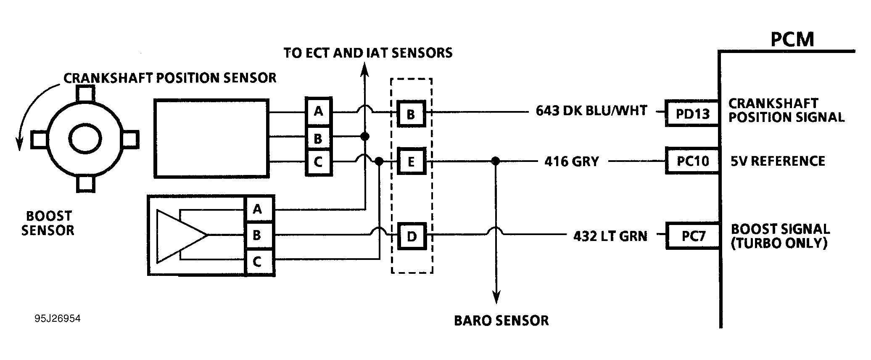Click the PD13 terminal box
pos(692,113)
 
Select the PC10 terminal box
pos(692,161)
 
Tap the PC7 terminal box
pos(693,236)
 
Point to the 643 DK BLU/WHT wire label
pos(591,111)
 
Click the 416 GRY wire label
pos(571,161)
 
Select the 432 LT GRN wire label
pos(610,236)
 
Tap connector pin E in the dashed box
pos(411,161)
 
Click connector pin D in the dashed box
pos(412,236)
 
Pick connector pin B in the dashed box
pos(411,114)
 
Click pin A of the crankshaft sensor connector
pos(318,111)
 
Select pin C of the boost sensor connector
pos(258,262)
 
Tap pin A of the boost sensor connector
pos(258,209)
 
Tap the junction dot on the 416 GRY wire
pos(496,161)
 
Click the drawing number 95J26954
pos(58,319)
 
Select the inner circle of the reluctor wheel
pos(85,139)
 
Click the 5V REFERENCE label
pos(778,161)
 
